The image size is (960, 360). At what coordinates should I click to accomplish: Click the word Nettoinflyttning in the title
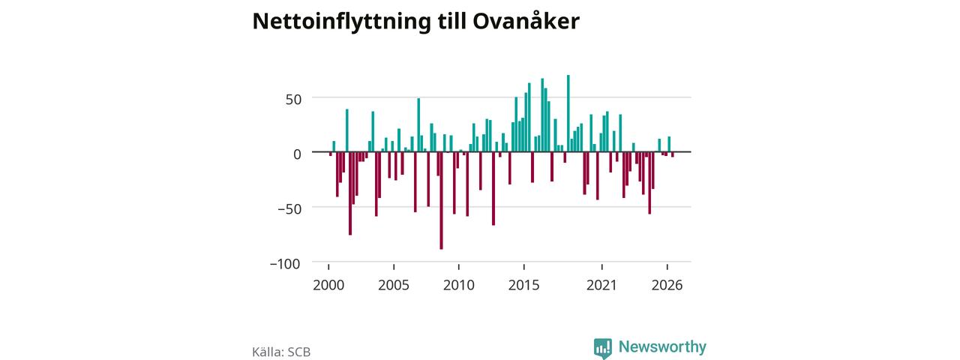coord(341,22)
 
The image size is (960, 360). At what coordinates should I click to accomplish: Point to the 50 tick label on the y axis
coord(293,100)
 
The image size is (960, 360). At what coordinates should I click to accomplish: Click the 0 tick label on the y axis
coord(297,154)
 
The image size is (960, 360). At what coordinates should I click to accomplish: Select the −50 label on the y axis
coord(289,208)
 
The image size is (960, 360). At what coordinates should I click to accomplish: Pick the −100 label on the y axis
coord(285,263)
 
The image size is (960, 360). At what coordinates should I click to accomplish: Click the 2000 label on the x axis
coord(328,285)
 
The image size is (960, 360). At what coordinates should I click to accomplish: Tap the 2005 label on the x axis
coord(394,285)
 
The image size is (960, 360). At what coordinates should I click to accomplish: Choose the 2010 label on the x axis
coord(458,285)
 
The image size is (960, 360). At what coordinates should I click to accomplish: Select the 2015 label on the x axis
coord(523,285)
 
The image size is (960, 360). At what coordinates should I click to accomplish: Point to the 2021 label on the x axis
coord(601,285)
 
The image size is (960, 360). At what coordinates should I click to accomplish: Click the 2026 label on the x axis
coord(667,285)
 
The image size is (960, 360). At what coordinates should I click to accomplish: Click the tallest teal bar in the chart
coord(568,113)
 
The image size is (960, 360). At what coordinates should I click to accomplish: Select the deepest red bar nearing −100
coord(441,200)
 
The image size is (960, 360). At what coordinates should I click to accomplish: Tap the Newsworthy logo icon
coord(602,347)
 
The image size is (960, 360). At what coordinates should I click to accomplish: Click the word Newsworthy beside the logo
coord(662,346)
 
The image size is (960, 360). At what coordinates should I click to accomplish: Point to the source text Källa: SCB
coord(281,352)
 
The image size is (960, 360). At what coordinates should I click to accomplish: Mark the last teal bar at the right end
coord(669,144)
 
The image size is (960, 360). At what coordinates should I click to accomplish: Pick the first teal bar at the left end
coord(334,146)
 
